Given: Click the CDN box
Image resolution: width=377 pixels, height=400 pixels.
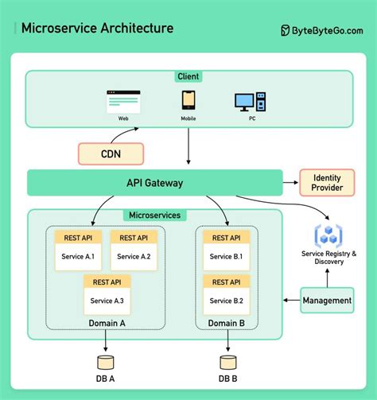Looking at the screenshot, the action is pyautogui.click(x=111, y=153).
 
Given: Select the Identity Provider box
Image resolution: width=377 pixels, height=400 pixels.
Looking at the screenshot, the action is pyautogui.click(x=327, y=183).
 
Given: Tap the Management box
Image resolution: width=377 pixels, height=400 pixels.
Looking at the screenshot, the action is pyautogui.click(x=327, y=301).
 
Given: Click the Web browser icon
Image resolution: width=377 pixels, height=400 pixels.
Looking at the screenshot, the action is pyautogui.click(x=123, y=102).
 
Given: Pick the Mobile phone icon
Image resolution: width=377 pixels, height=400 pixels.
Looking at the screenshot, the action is pyautogui.click(x=188, y=100).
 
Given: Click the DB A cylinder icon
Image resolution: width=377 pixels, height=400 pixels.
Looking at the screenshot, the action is pyautogui.click(x=106, y=363).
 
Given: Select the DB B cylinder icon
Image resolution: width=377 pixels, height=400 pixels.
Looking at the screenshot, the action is pyautogui.click(x=228, y=363).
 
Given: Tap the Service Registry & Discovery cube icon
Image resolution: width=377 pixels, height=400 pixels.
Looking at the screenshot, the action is pyautogui.click(x=328, y=235).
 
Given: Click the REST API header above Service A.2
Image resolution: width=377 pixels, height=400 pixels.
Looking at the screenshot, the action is pyautogui.click(x=134, y=238).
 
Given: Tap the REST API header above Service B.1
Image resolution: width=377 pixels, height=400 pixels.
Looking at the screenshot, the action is pyautogui.click(x=227, y=238).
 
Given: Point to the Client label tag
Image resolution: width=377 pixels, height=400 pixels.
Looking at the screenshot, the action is pyautogui.click(x=188, y=76).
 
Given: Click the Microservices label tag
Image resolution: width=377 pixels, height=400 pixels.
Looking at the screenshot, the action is pyautogui.click(x=155, y=215).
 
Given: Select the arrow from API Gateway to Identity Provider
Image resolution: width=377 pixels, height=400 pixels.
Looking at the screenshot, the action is pyautogui.click(x=290, y=182).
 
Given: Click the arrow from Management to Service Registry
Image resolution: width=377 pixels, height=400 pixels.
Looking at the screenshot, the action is pyautogui.click(x=327, y=278).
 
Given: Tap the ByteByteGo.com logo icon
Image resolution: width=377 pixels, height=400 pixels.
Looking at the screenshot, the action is pyautogui.click(x=285, y=30).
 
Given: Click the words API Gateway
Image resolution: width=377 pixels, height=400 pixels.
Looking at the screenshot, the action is pyautogui.click(x=155, y=183).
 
